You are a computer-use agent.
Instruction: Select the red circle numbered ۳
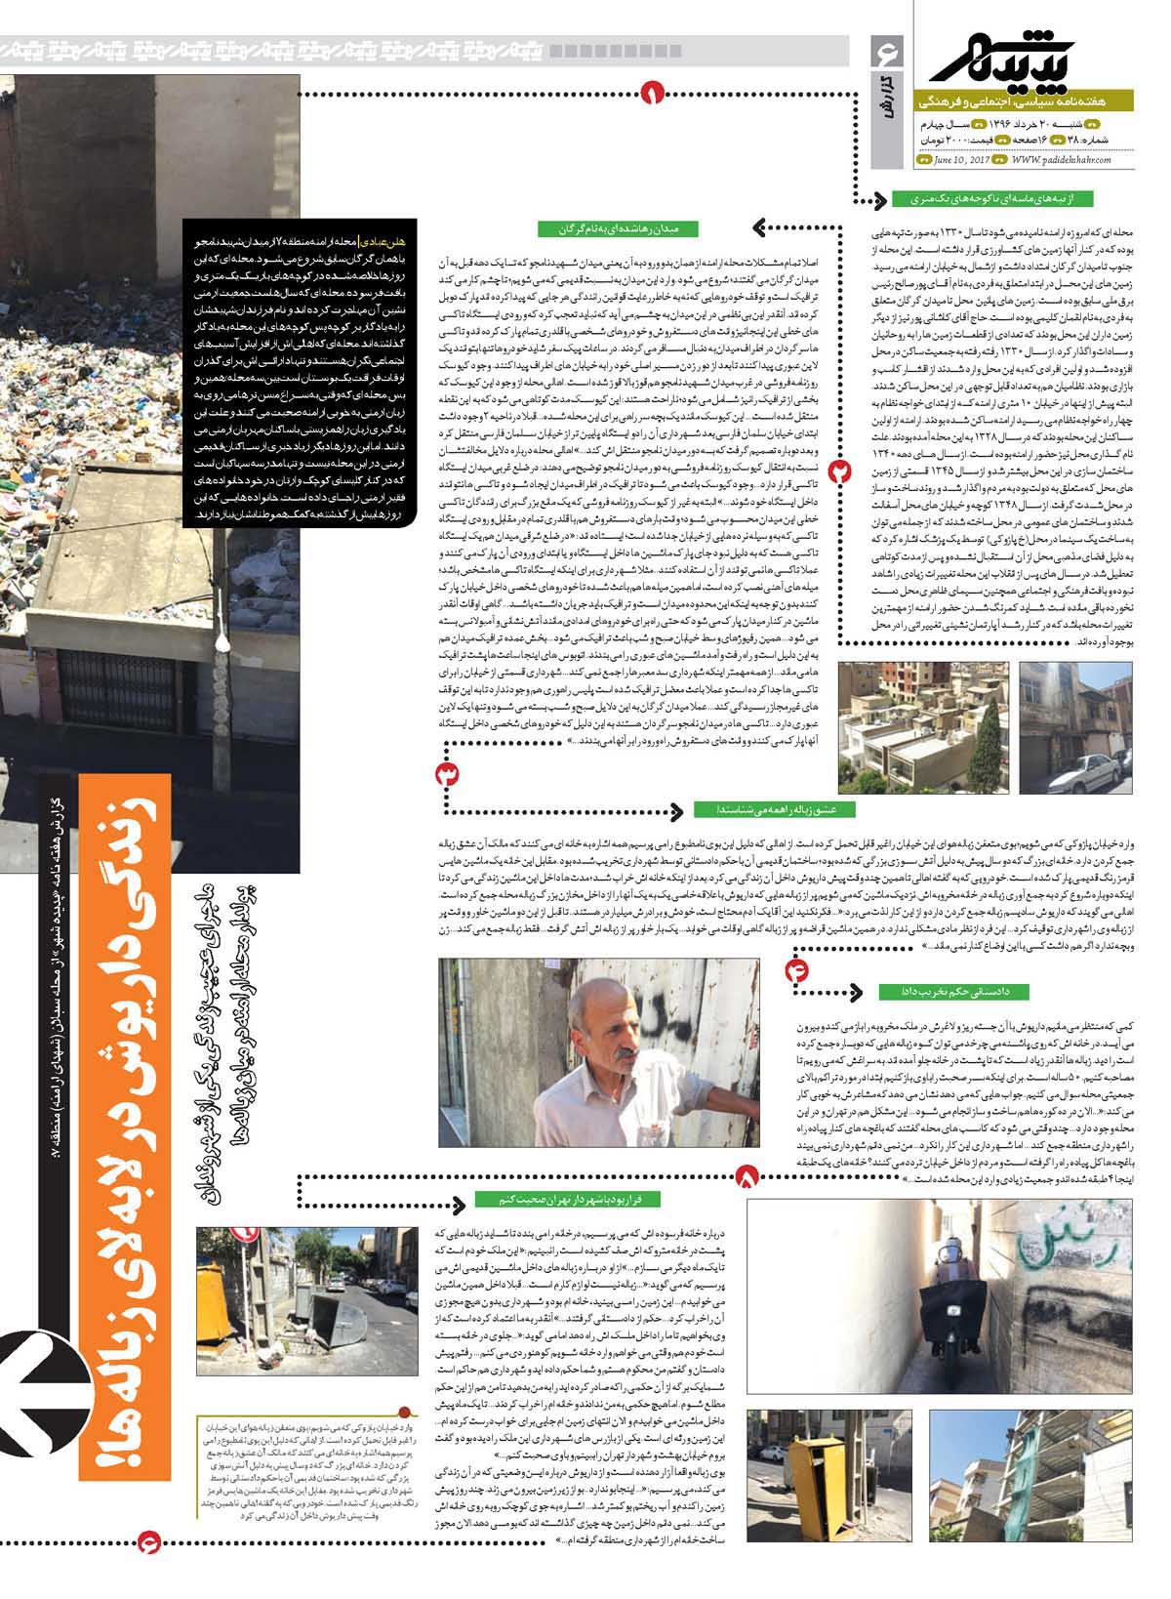click(x=448, y=774)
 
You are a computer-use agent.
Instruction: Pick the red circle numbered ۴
click(x=796, y=943)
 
